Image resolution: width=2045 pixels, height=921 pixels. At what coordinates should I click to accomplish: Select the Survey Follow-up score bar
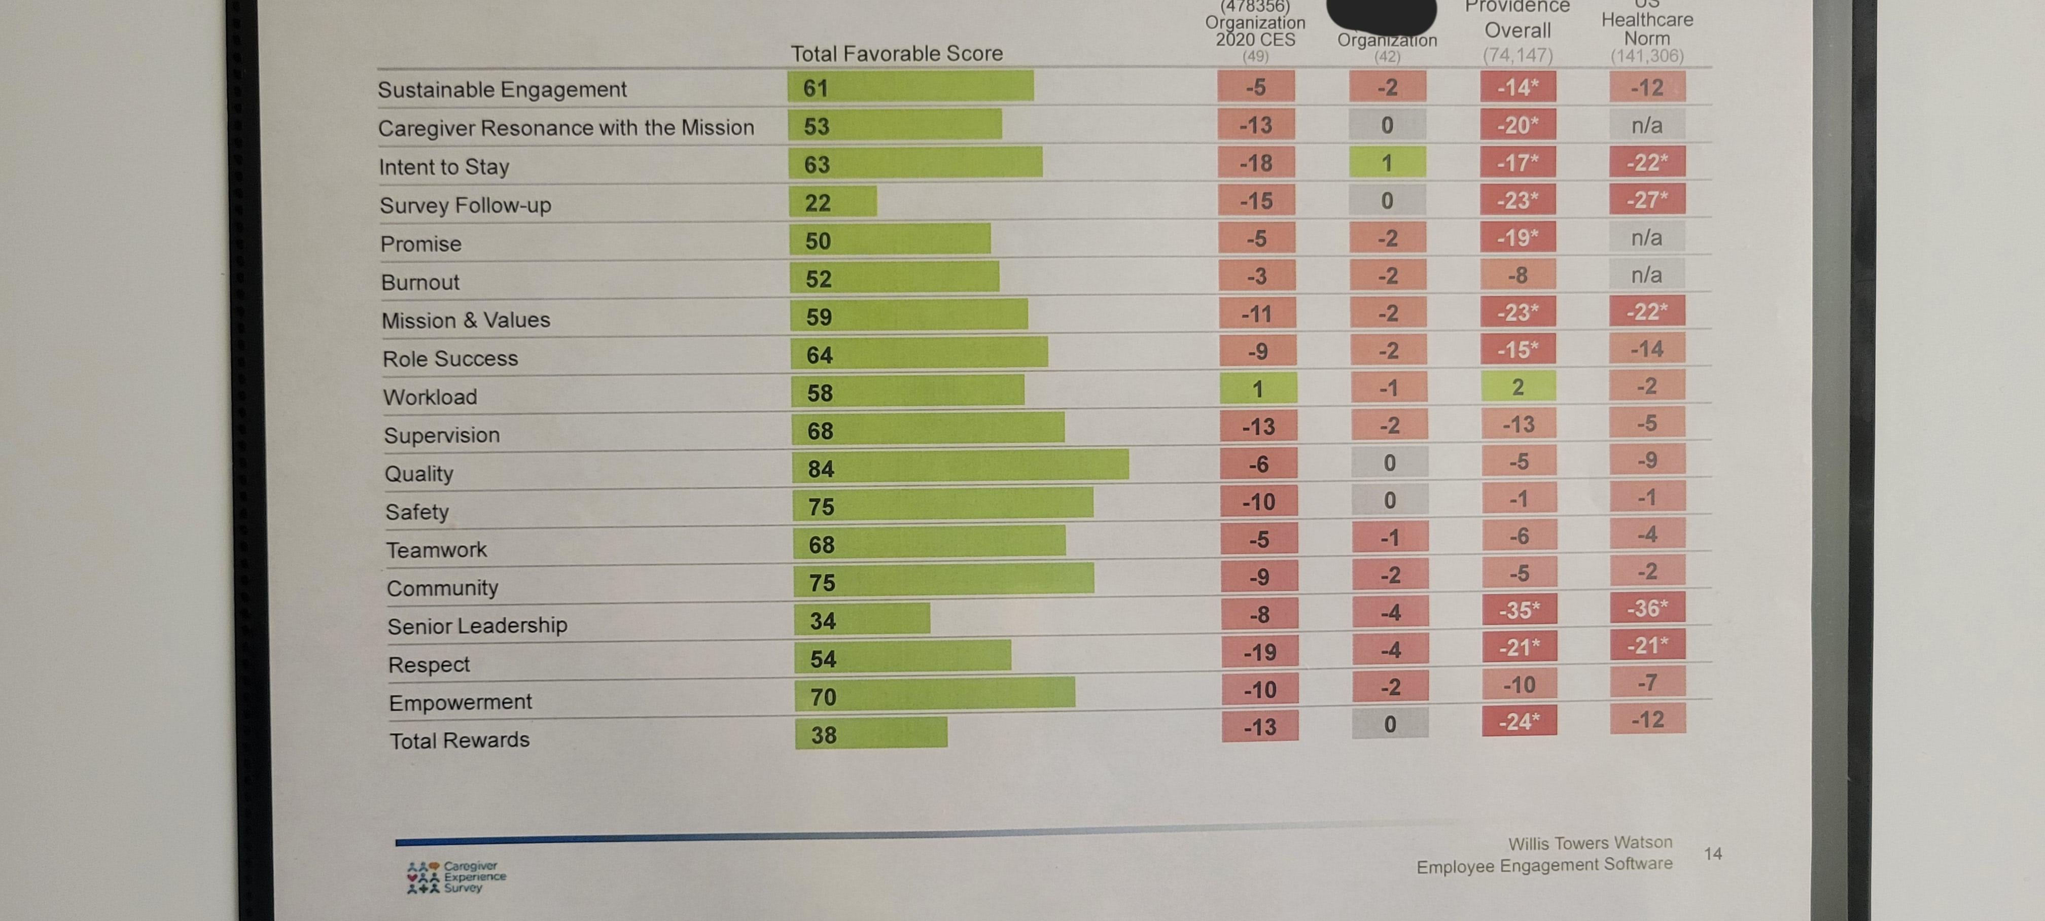tap(833, 202)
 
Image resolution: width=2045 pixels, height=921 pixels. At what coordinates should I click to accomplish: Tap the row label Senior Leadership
tap(477, 626)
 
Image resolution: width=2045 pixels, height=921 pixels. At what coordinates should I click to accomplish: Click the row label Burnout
tap(420, 282)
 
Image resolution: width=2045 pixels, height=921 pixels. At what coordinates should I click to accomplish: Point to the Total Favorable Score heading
tap(896, 53)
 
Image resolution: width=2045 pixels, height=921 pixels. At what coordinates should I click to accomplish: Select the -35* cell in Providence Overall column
tap(1519, 610)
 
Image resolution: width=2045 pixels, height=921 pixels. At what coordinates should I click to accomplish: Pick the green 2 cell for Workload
tap(1518, 386)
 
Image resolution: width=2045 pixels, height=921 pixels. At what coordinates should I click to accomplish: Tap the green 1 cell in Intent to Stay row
tap(1387, 163)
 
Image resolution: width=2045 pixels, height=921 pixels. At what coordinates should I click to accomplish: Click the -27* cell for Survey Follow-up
tap(1647, 199)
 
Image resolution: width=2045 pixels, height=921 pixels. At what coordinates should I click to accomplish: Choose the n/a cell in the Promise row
tap(1646, 237)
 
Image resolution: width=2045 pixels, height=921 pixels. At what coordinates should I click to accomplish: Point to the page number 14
tap(1712, 854)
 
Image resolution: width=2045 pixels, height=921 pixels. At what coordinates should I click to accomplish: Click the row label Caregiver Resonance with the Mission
tap(565, 128)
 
